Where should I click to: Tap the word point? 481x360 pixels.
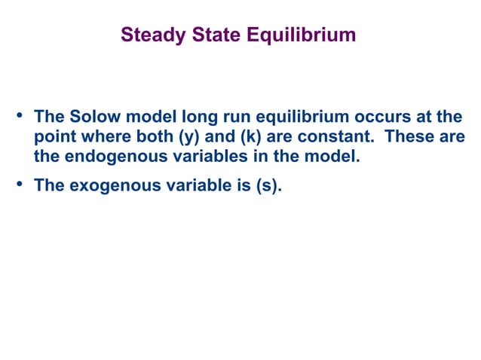click(55, 138)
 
